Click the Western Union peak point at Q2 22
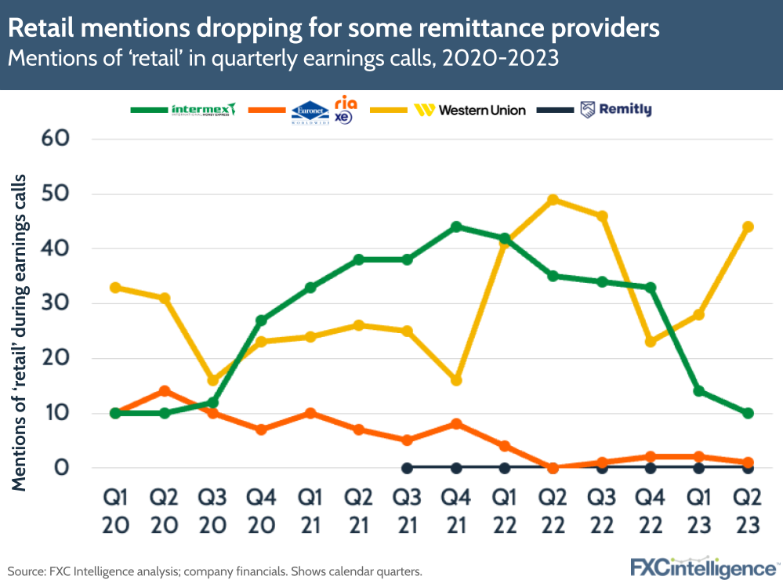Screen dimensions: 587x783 tap(553, 200)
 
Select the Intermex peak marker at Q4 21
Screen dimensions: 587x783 tap(456, 227)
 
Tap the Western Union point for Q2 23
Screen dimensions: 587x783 tap(748, 227)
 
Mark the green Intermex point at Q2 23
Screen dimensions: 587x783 tap(748, 413)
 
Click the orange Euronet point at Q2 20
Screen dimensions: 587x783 tap(165, 391)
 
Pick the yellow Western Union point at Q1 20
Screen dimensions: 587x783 tap(116, 288)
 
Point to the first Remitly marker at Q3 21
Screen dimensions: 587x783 tap(408, 468)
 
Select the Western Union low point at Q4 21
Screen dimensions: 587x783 tap(456, 380)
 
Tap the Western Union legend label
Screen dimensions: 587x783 tap(481, 110)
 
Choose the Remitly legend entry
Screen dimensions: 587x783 tap(616, 110)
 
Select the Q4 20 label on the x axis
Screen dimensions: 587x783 tap(262, 511)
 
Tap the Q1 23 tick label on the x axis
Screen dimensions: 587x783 tap(699, 511)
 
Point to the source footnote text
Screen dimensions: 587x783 tap(215, 571)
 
